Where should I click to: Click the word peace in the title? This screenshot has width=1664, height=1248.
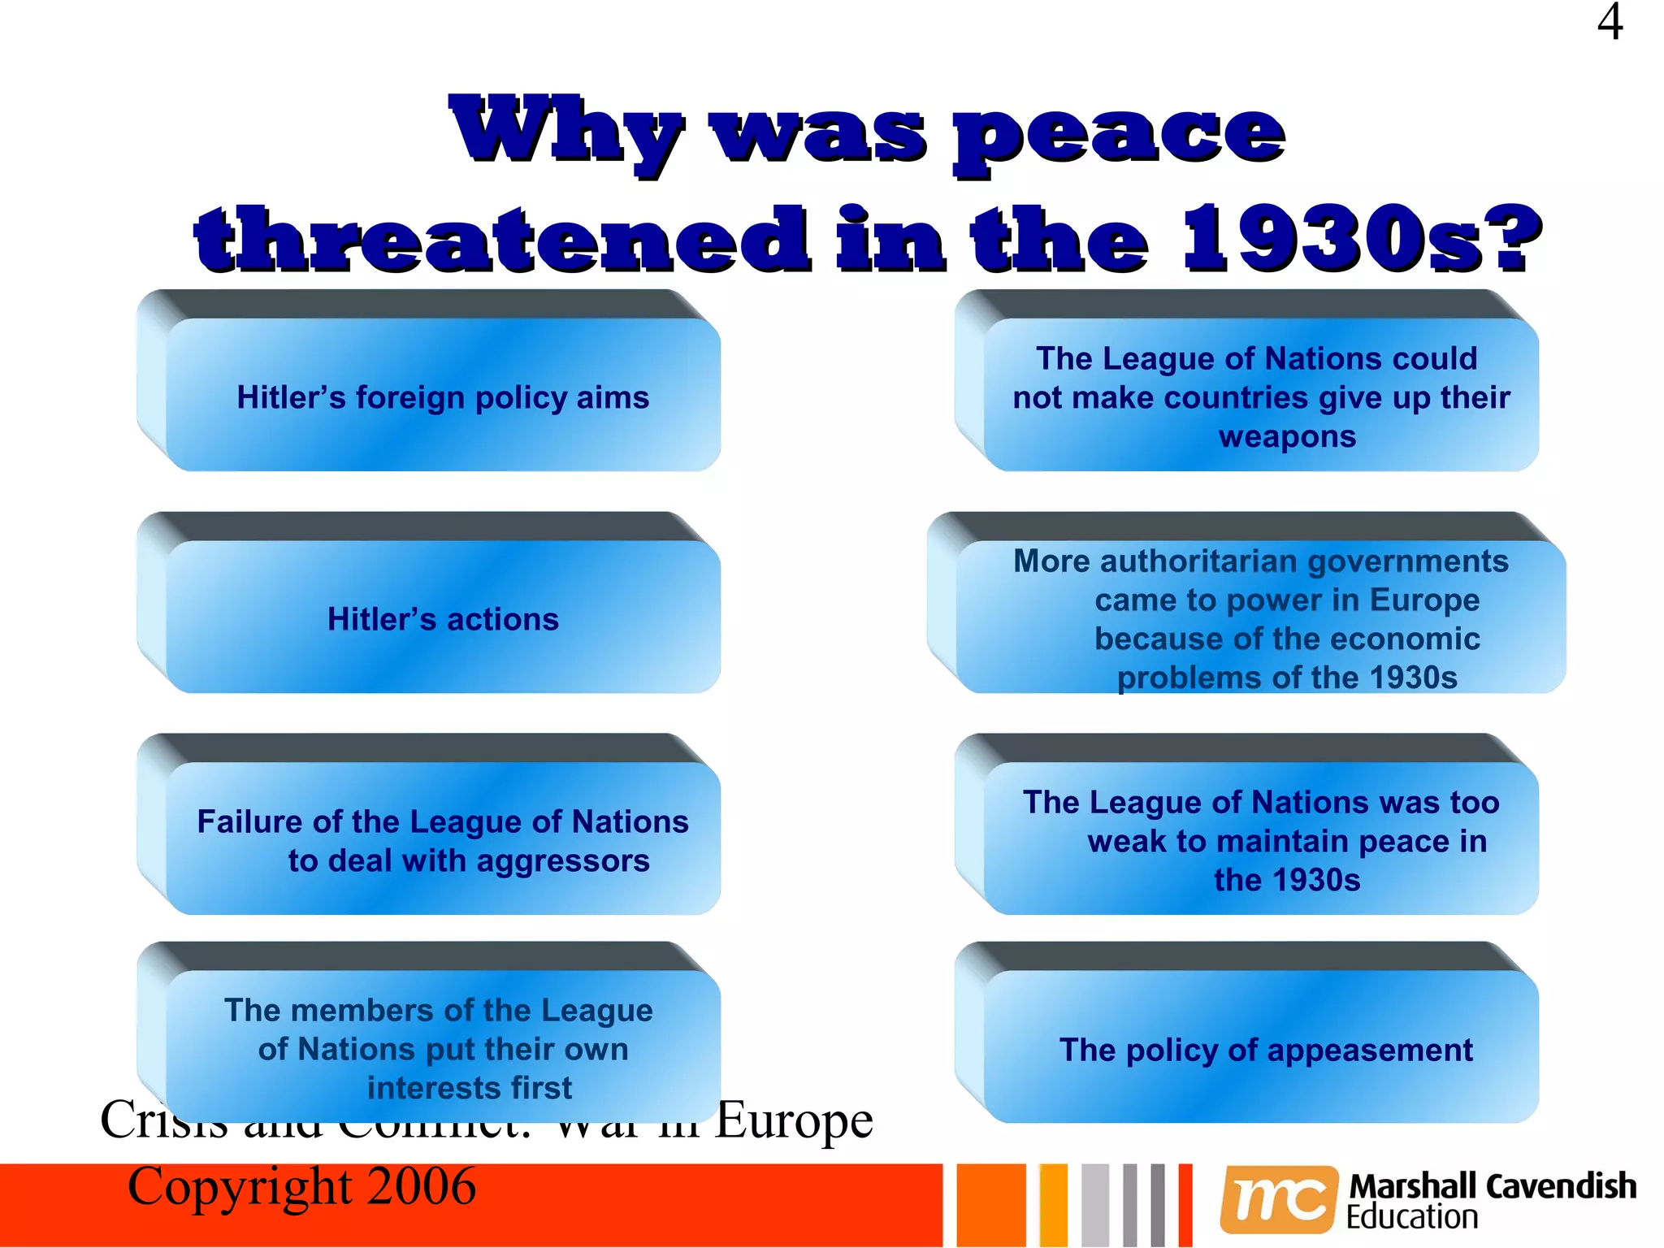pos(1119,134)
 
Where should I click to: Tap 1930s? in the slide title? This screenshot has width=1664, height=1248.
pos(1361,239)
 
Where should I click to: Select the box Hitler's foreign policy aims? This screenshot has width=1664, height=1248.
pos(443,397)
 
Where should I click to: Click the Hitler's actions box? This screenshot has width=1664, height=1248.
pos(443,619)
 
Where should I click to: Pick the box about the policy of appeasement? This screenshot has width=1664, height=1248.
pos(1265,1050)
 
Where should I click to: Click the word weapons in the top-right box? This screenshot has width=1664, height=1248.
pos(1287,436)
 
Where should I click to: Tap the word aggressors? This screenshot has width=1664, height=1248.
pos(563,861)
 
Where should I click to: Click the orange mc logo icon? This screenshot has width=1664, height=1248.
pos(1278,1198)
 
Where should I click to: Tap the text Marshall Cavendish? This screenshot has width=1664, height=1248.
pos(1493,1186)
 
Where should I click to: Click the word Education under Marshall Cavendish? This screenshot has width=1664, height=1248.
pos(1412,1217)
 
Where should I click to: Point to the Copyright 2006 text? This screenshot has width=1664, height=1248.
pos(301,1187)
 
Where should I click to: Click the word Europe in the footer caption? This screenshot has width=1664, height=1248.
pos(794,1121)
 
